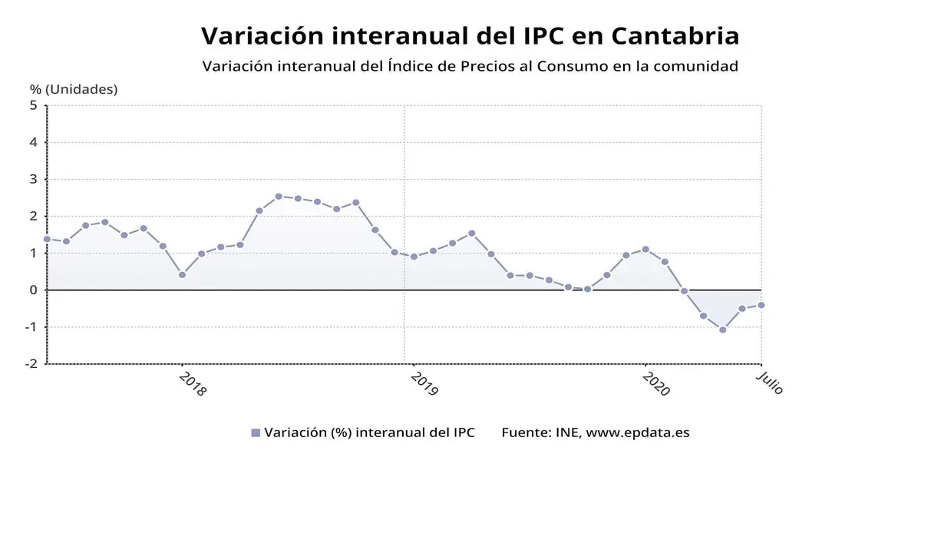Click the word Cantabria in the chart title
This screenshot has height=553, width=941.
tap(676, 35)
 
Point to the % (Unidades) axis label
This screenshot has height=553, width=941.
tap(74, 89)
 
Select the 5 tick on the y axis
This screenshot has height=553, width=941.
tap(34, 105)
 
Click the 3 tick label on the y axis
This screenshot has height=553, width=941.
tap(34, 179)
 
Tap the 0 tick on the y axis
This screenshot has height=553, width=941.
tap(34, 290)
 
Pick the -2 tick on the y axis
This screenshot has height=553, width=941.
tap(31, 363)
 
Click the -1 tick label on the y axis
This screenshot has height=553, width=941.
tap(31, 326)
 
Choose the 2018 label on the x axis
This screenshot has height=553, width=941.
tap(193, 383)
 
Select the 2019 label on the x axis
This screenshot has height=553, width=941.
tap(424, 383)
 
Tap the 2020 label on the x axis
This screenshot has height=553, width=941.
tap(656, 383)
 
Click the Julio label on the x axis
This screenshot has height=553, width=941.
tap(770, 382)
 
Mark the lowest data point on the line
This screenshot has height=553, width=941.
tap(722, 329)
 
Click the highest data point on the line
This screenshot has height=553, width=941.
tap(279, 196)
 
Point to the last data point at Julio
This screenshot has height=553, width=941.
tap(761, 305)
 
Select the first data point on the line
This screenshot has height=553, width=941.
tap(47, 239)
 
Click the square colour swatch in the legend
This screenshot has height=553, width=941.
tap(256, 433)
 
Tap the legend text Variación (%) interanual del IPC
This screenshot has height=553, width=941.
tap(369, 432)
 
